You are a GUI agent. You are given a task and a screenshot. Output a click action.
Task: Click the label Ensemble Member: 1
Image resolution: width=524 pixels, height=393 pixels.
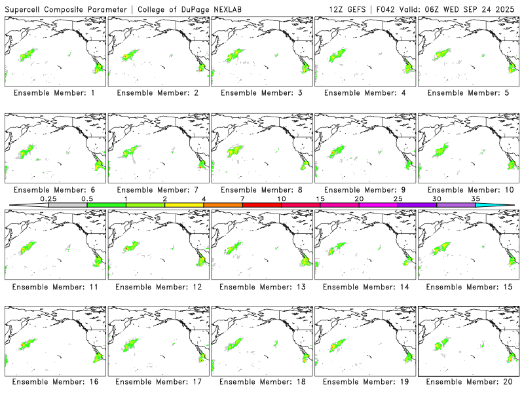tap(54, 93)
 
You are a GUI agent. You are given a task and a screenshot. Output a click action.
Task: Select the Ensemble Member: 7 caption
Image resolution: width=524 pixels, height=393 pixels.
tap(157, 189)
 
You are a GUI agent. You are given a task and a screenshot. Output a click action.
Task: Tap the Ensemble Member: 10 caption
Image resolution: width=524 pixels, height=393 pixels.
tap(468, 189)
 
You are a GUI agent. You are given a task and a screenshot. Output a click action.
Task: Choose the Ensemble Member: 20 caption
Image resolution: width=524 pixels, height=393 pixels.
tap(468, 382)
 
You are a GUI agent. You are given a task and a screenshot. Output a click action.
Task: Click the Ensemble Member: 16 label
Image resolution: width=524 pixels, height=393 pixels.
tap(54, 382)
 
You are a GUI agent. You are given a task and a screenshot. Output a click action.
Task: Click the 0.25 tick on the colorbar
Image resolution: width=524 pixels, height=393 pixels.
tap(48, 198)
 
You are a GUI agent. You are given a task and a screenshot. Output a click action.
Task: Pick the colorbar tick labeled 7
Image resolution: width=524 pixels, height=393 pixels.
tap(242, 198)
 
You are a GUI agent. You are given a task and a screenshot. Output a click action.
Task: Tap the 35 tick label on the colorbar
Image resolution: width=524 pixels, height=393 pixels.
tap(476, 198)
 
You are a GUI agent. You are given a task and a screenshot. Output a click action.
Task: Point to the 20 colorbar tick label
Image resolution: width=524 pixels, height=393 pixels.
tap(359, 198)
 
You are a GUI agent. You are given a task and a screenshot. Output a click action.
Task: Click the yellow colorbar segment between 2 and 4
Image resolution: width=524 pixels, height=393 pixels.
tap(184, 205)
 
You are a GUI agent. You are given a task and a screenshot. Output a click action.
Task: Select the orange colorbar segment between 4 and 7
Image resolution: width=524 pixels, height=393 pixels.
tap(223, 205)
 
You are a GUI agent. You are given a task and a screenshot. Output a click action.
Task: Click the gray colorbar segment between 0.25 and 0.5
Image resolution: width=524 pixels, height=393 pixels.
tap(67, 205)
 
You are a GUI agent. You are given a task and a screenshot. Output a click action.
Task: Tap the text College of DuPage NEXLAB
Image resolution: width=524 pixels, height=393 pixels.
tap(185, 9)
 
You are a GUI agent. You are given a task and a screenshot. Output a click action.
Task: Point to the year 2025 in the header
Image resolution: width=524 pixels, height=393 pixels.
tap(508, 9)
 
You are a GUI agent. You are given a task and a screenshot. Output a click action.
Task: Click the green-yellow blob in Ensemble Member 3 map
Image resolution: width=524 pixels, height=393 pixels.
tap(234, 56)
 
